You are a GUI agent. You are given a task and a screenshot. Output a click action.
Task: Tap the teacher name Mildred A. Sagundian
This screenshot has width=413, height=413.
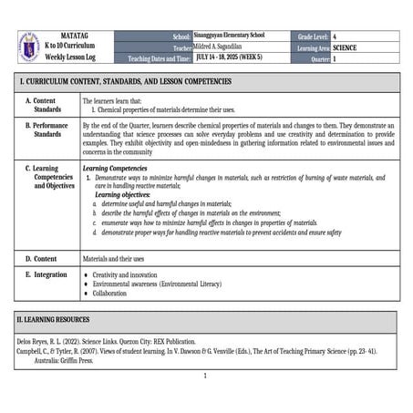[x=229, y=46]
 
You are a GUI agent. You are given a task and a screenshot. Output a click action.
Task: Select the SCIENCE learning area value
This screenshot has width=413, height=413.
[x=346, y=46]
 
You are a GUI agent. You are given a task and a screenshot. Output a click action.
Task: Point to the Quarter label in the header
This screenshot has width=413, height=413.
[x=313, y=57]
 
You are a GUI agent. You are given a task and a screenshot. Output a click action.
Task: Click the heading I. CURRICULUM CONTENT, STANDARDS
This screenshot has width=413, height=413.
[x=127, y=81]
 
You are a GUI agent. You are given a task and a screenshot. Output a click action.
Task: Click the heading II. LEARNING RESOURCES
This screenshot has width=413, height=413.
[x=66, y=322]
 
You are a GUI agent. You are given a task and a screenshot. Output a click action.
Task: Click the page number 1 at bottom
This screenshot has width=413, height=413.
[x=206, y=376]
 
